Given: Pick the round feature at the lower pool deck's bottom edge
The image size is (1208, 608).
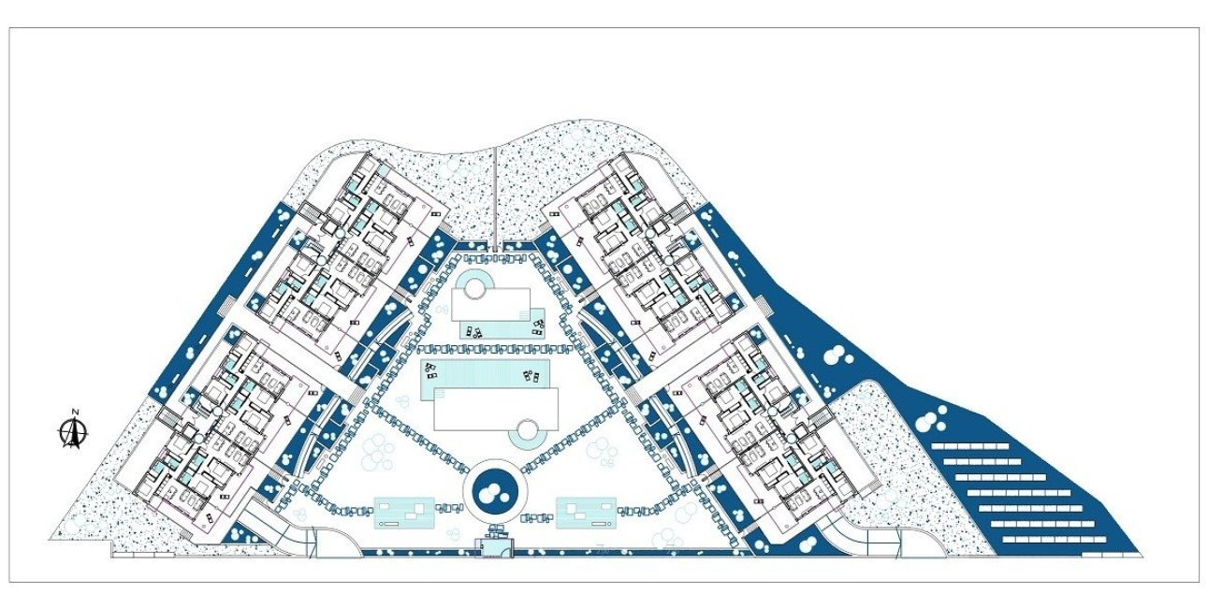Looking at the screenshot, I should coord(529,432).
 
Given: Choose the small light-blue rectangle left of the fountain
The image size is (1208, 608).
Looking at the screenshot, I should coord(404,513).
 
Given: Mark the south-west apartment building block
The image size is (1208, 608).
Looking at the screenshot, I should coord(225,426).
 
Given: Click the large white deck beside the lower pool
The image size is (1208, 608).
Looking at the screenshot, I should coord(494,408).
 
